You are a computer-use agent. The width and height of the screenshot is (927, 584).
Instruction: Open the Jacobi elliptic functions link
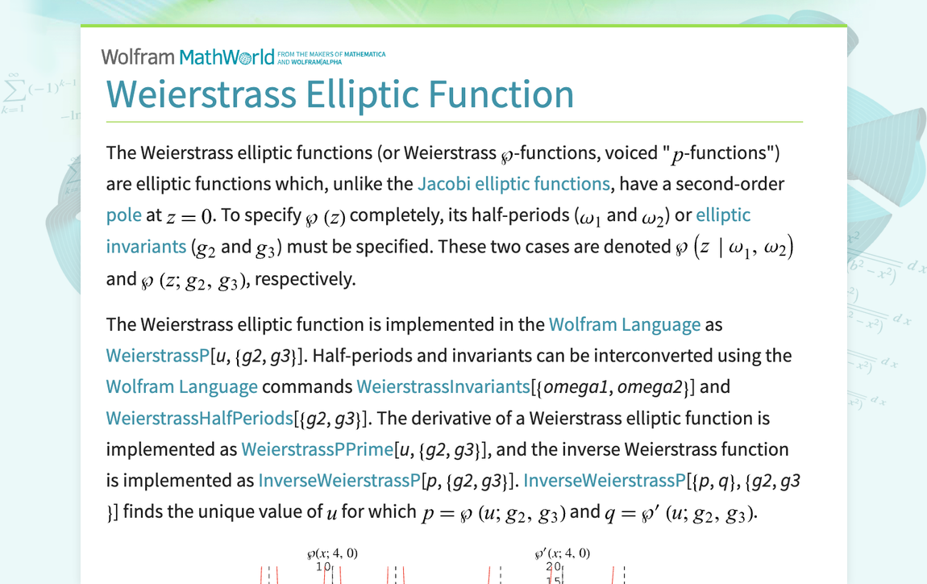[513, 184]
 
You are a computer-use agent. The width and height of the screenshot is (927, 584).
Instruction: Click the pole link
[123, 215]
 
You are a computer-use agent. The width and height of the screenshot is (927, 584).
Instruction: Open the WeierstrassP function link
[157, 356]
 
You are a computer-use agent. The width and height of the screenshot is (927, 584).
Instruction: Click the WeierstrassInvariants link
[443, 386]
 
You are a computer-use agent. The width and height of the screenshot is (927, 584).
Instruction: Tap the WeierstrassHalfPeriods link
[199, 418]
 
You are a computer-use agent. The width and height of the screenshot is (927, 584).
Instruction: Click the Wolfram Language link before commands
[181, 386]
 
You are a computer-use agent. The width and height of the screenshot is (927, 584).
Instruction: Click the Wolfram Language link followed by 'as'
[624, 324]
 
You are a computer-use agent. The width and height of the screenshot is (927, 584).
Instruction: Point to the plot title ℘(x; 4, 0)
[332, 553]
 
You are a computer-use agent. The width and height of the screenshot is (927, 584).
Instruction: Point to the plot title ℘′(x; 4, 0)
[562, 553]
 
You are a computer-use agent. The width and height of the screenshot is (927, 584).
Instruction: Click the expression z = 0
[192, 216]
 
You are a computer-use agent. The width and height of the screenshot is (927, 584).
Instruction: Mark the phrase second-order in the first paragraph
[730, 184]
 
